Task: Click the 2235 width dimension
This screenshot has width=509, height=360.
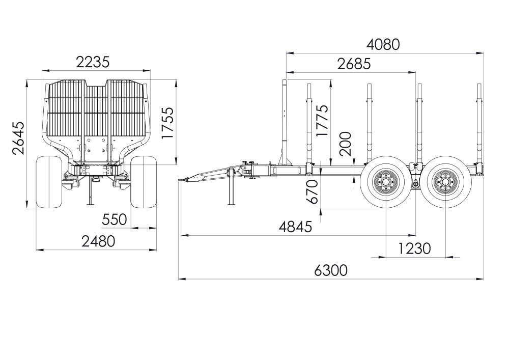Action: (x=93, y=62)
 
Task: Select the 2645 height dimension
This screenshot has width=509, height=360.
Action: (x=19, y=138)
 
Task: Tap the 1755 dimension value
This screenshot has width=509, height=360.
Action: (x=168, y=123)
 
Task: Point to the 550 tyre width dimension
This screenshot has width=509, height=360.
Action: (x=114, y=220)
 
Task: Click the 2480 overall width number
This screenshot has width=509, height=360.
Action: (x=98, y=241)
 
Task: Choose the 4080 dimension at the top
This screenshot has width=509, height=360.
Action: (x=383, y=44)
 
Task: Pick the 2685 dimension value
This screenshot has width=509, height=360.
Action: (x=354, y=64)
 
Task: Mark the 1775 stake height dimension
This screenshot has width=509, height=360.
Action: (x=322, y=121)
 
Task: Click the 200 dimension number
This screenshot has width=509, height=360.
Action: (x=345, y=144)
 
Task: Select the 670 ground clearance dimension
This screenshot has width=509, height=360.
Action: (x=313, y=192)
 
